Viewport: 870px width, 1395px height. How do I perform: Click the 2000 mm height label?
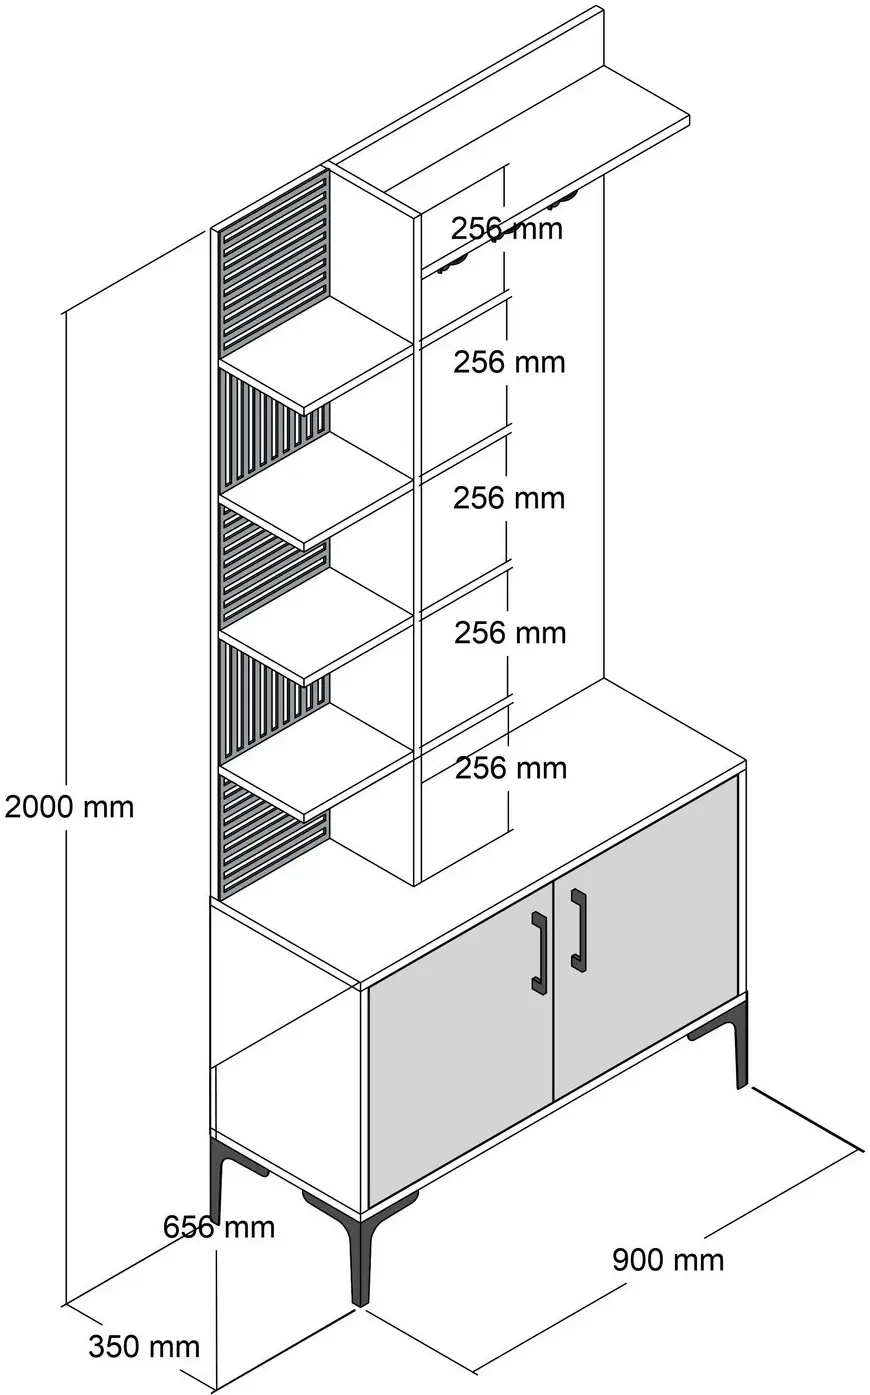(x=69, y=808)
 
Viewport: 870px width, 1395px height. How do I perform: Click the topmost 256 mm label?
(x=506, y=229)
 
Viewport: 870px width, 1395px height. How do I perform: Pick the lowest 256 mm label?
(x=511, y=768)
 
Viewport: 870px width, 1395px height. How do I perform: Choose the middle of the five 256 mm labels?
(x=509, y=498)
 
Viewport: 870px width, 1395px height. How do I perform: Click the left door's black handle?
(x=539, y=951)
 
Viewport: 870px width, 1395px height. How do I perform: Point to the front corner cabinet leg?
(x=360, y=1261)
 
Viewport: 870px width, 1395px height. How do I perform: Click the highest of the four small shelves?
(x=316, y=354)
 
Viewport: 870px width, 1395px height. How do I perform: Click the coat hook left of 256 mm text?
(x=451, y=264)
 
